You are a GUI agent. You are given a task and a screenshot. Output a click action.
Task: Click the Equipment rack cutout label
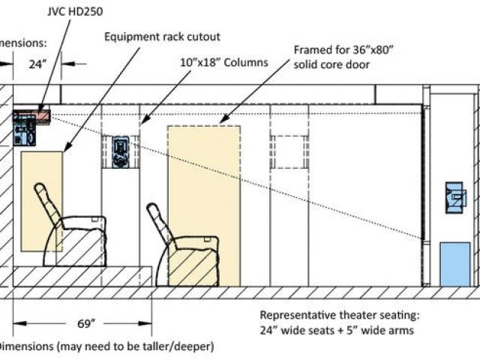point(163,36)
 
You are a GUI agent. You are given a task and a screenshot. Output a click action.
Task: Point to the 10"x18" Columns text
point(223,62)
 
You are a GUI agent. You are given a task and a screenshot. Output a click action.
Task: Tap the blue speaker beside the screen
point(455,197)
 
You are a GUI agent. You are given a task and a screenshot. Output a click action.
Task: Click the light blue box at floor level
point(454,263)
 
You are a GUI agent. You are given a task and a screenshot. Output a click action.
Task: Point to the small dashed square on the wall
point(288,152)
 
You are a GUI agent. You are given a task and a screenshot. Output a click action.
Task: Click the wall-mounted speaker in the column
point(121,151)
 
